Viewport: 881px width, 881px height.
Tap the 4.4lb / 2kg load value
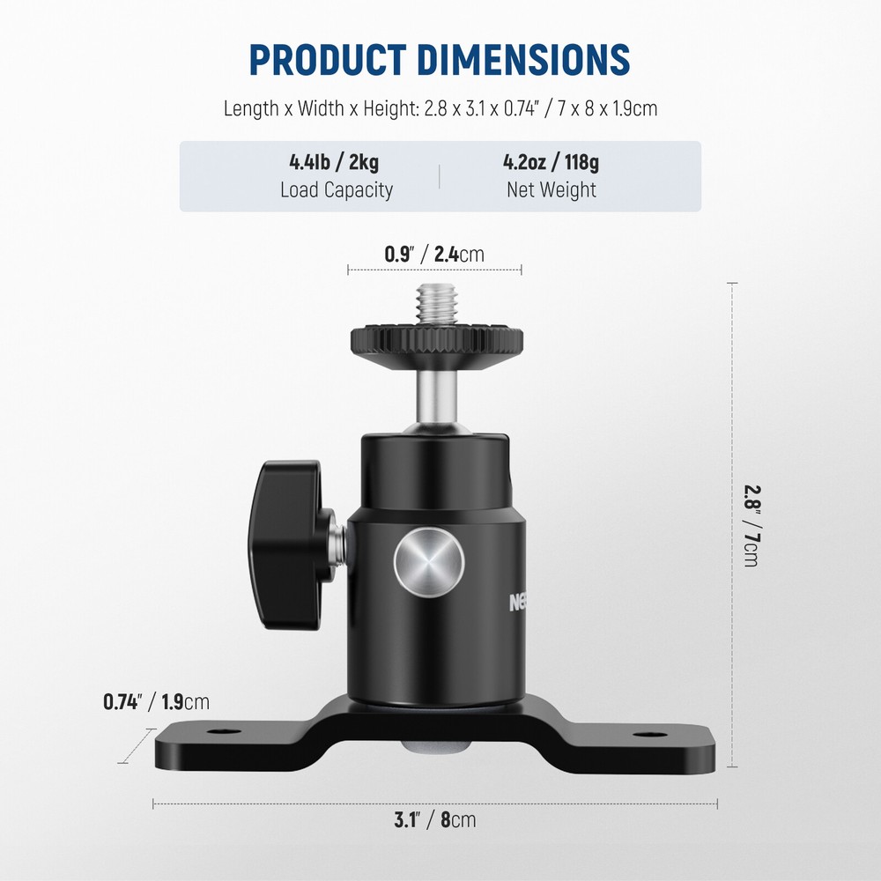pyautogui.click(x=336, y=162)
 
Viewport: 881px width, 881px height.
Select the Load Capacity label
pyautogui.click(x=336, y=189)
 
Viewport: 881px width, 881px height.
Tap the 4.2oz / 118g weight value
pyautogui.click(x=552, y=162)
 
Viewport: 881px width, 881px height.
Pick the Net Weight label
pyautogui.click(x=552, y=189)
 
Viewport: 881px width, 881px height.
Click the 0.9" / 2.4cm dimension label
pyautogui.click(x=434, y=255)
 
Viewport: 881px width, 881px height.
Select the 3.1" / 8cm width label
pyautogui.click(x=434, y=819)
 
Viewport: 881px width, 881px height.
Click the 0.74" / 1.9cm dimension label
pyautogui.click(x=156, y=702)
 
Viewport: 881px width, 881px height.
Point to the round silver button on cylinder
pyautogui.click(x=429, y=562)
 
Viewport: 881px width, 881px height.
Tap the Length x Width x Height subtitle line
pyautogui.click(x=440, y=109)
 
